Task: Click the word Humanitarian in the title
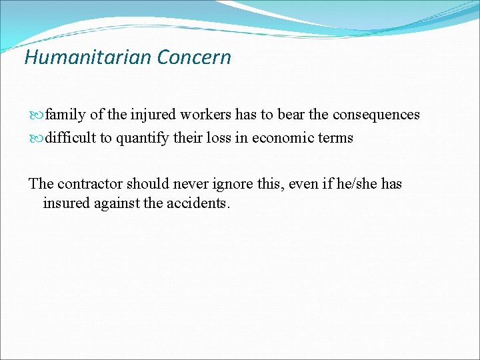pos(88,57)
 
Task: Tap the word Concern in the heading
pos(194,57)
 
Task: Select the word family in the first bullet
pos(66,115)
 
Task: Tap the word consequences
pos(376,115)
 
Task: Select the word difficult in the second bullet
pos(70,138)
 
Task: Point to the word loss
pos(221,138)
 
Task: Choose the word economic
pos(283,138)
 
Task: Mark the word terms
pos(335,138)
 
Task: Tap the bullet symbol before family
pos(37,115)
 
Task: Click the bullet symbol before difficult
pos(37,139)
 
